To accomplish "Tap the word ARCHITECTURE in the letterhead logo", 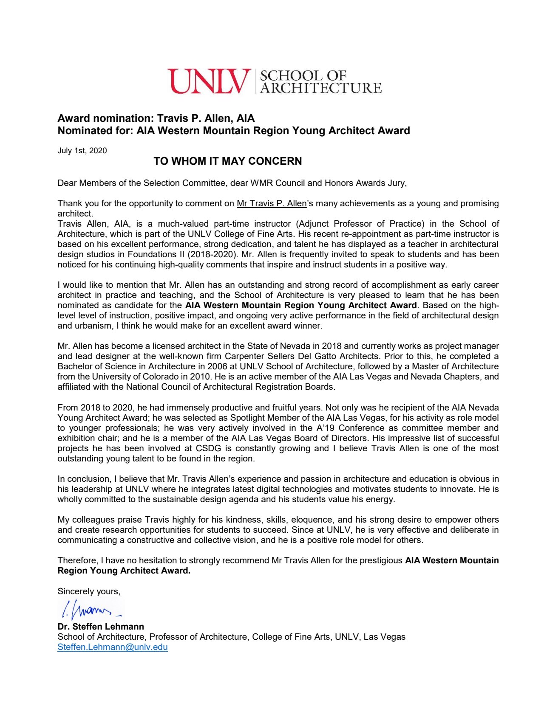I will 321,88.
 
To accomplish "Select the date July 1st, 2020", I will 82,151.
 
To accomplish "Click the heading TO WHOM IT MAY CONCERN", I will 228,161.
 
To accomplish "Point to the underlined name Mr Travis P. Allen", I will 272,203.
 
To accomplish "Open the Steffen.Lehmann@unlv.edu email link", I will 113,647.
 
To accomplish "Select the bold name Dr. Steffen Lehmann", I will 101,627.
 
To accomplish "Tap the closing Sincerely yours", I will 89,591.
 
